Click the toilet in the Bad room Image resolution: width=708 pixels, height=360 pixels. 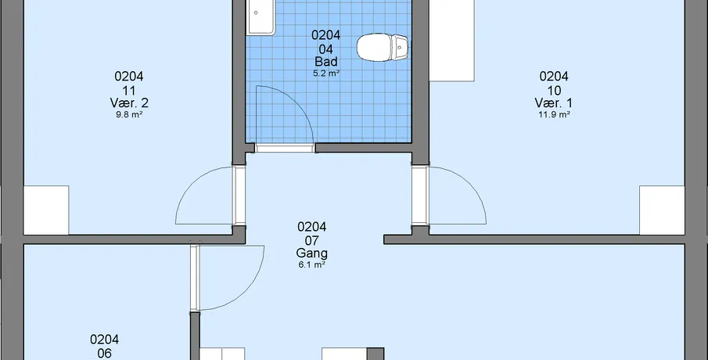(382, 48)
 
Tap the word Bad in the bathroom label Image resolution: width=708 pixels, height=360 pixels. (326, 62)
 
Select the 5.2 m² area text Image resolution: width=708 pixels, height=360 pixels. (326, 74)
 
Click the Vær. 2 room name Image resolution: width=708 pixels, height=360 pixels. (129, 103)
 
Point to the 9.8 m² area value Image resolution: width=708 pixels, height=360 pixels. (129, 115)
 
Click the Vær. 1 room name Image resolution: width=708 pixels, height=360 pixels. (554, 103)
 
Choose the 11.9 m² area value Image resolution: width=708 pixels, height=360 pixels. (554, 115)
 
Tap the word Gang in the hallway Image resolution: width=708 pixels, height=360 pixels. (312, 254)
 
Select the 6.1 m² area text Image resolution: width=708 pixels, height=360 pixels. (312, 265)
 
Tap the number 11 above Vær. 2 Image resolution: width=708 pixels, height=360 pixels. (129, 90)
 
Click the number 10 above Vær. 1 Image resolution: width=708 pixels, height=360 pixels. (554, 90)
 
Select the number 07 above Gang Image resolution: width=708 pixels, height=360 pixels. (312, 240)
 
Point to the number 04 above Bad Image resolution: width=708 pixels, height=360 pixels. (326, 49)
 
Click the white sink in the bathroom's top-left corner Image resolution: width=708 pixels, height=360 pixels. (261, 17)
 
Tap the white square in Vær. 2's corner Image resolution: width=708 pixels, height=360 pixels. (46, 210)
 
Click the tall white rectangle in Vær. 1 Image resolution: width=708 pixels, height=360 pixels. (451, 41)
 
